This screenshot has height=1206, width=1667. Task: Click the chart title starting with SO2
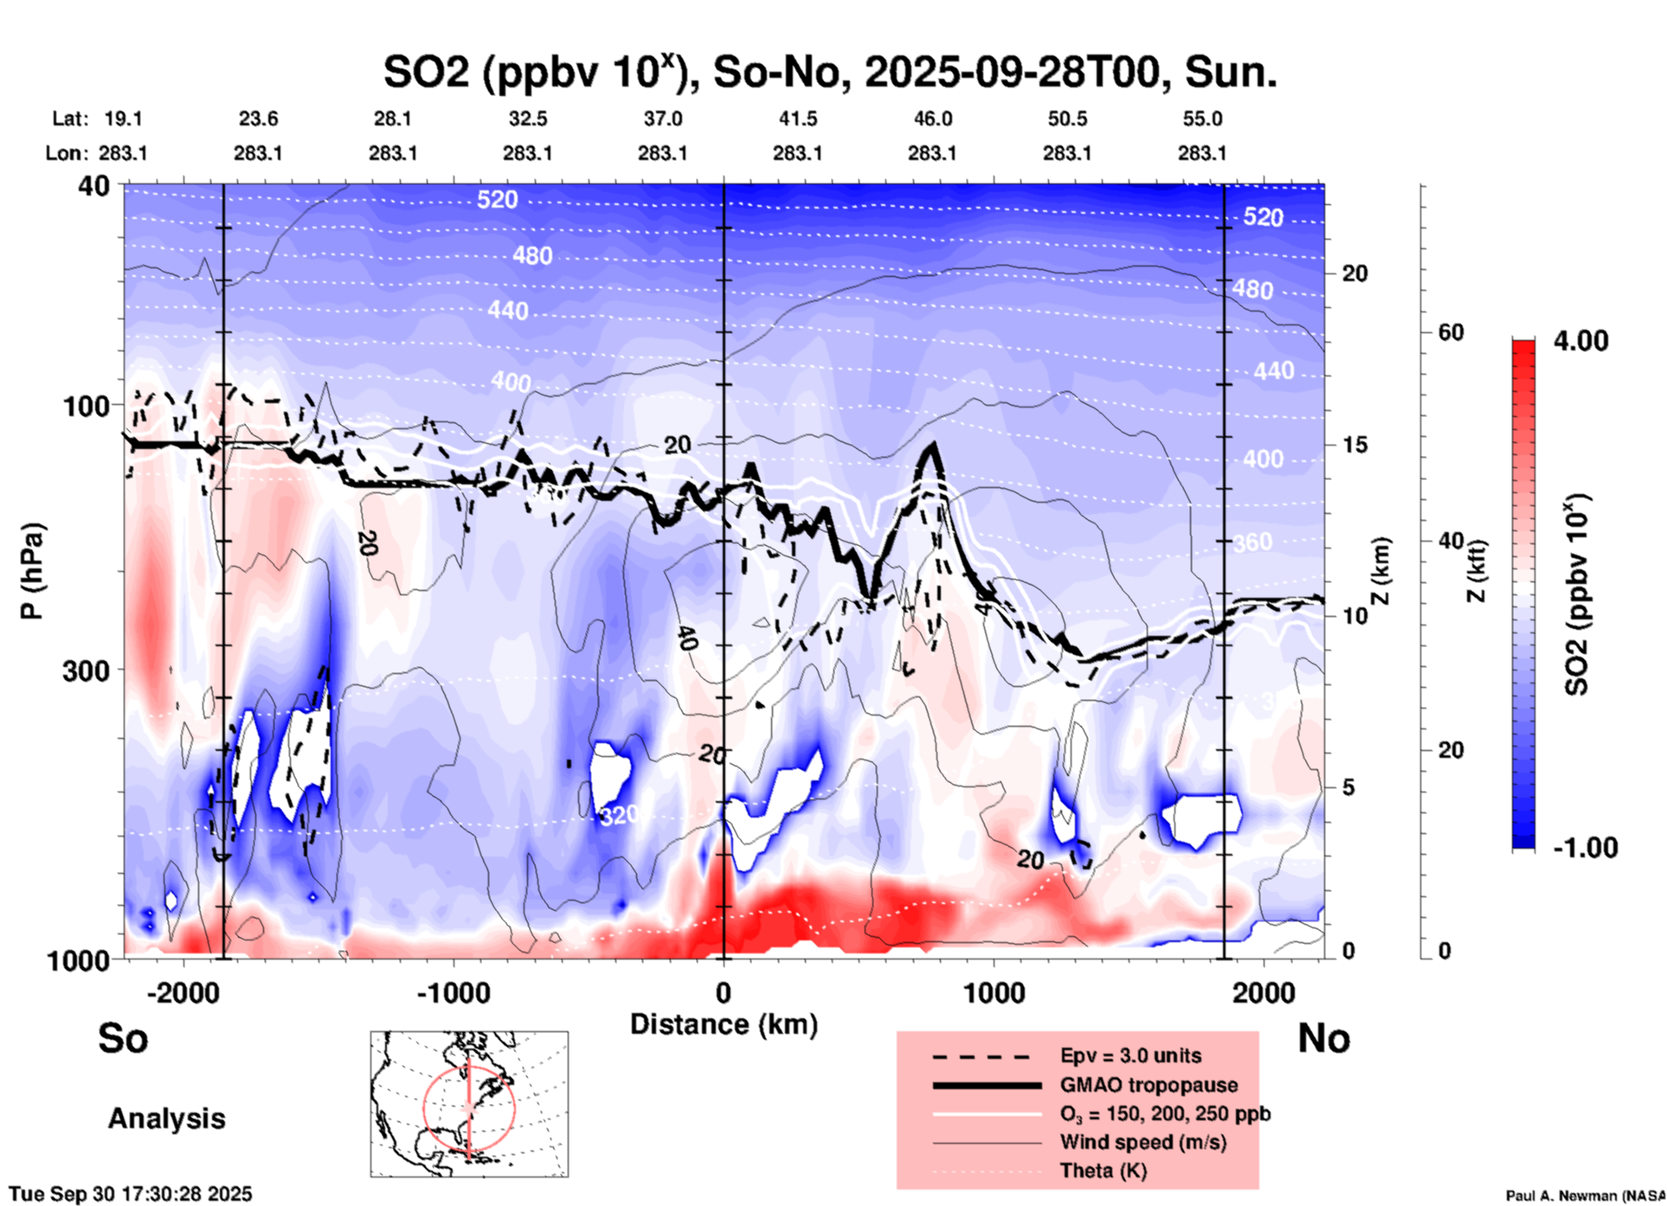(829, 73)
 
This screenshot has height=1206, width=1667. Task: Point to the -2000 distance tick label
(183, 992)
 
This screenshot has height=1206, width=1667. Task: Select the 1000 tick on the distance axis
(994, 992)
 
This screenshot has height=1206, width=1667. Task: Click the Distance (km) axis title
(724, 1024)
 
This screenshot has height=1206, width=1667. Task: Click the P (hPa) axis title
(32, 571)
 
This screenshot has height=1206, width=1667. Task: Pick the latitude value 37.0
(662, 119)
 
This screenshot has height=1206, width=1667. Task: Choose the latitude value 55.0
(1202, 119)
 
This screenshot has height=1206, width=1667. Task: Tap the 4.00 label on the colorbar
(1580, 341)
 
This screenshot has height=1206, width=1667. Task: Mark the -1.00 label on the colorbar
(1585, 848)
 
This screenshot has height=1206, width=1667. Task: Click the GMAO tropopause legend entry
(1149, 1085)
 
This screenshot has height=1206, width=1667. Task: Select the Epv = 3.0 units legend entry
(1130, 1055)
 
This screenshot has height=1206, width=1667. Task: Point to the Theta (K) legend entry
(1103, 1171)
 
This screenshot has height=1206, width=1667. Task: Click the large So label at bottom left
(123, 1038)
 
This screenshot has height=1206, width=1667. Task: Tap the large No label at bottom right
(1323, 1038)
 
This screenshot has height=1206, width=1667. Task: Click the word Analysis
(166, 1119)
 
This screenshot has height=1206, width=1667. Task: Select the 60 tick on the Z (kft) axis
(1451, 332)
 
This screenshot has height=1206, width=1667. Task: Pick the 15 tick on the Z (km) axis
(1355, 445)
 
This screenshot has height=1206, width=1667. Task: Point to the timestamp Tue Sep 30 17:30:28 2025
(131, 1194)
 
